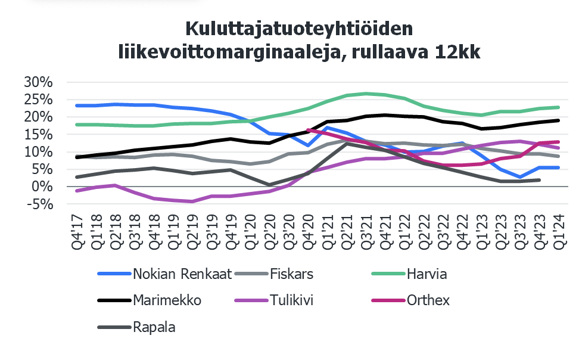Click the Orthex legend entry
click(428, 300)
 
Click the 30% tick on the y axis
click(39, 82)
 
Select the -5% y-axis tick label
click(39, 204)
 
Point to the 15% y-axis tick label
click(39, 135)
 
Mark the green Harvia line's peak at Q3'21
click(366, 94)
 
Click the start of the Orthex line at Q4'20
click(308, 129)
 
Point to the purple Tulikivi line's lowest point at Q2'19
click(192, 201)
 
